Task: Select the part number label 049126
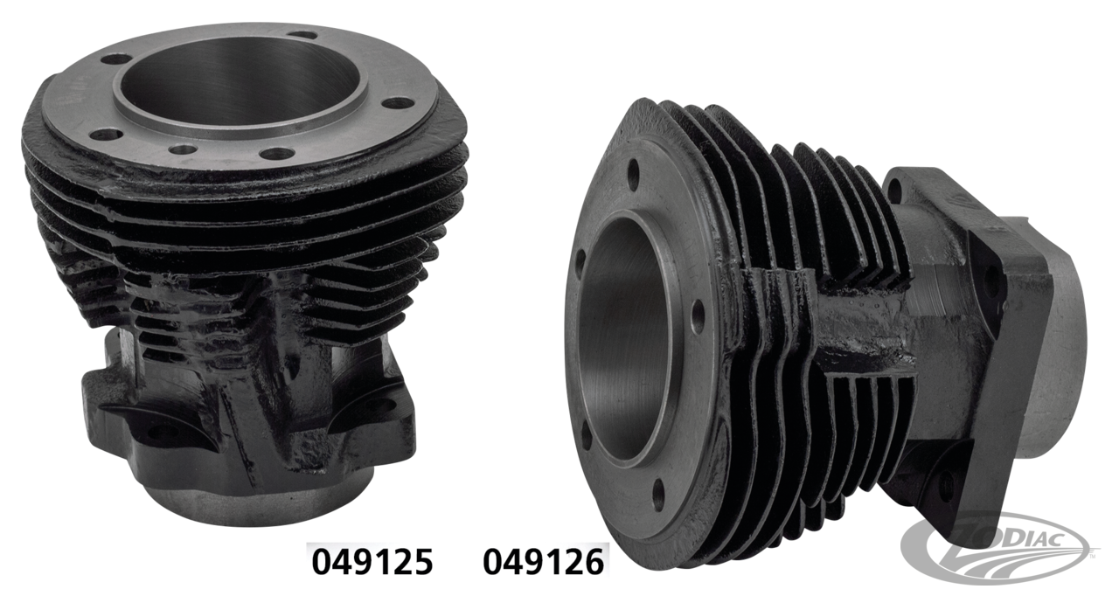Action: pos(543,563)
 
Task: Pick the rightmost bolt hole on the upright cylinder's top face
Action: pos(399,102)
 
